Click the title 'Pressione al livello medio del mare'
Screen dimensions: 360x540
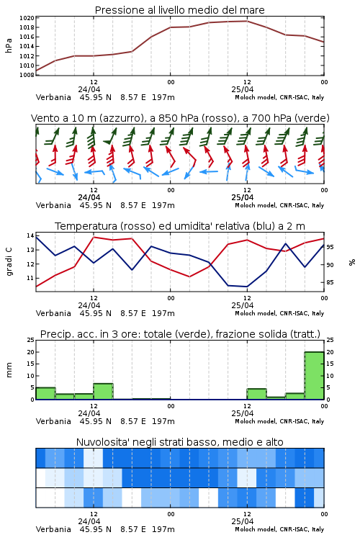pos(179,10)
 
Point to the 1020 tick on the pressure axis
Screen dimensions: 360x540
pos(27,18)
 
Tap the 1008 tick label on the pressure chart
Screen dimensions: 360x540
pos(27,75)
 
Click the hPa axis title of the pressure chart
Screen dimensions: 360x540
pos(9,46)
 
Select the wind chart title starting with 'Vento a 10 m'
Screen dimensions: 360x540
pos(180,118)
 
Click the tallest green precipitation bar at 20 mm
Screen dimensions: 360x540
pos(314,375)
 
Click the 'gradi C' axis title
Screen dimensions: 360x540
pos(9,262)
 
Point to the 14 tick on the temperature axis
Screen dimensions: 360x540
pos(30,235)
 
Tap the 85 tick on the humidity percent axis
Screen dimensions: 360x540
pos(330,282)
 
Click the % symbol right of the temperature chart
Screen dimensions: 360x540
pos(352,262)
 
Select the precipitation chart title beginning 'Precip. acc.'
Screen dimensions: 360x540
pos(180,334)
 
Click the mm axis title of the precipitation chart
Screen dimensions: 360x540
pos(9,370)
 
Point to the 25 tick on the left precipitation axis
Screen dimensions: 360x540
pos(30,340)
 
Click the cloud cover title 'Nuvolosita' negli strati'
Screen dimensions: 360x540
pos(179,442)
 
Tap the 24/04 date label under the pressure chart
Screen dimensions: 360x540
pos(89,89)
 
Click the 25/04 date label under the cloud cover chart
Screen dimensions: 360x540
pos(242,521)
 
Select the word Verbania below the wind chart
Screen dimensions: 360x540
pos(53,205)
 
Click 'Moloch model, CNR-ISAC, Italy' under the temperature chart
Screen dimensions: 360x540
pos(279,313)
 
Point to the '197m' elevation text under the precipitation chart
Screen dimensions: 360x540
pos(163,421)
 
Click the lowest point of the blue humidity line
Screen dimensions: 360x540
pos(247,287)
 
